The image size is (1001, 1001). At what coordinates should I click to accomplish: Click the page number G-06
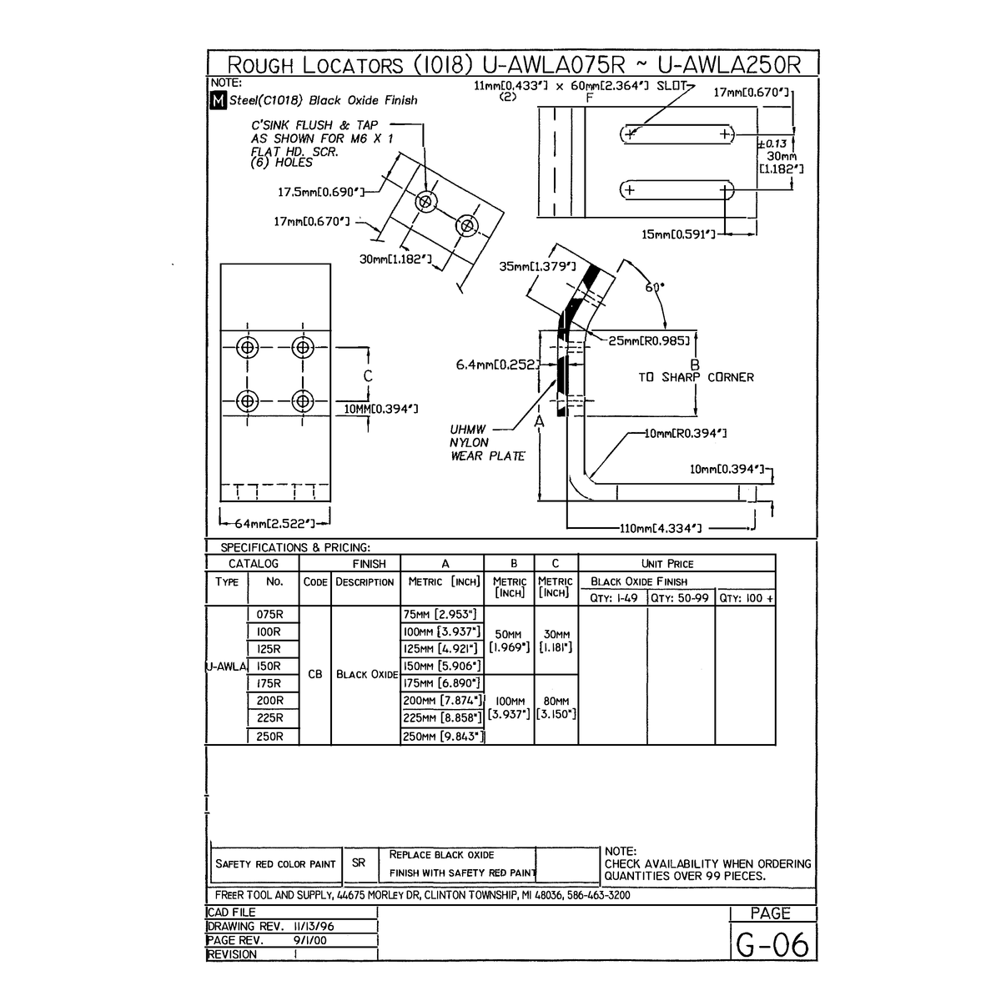(x=772, y=944)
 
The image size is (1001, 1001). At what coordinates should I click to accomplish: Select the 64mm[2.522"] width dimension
(x=274, y=523)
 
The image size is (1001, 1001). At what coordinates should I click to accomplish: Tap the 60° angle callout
(x=656, y=287)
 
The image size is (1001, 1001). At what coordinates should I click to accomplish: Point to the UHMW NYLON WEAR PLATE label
(x=487, y=443)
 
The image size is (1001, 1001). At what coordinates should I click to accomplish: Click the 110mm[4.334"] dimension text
(x=660, y=528)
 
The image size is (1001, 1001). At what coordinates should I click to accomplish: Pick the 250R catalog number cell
(x=269, y=737)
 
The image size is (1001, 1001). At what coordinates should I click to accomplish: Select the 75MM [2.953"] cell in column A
(x=442, y=615)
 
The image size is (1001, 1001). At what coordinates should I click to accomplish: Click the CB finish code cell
(x=314, y=674)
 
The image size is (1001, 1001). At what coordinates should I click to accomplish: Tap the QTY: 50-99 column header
(x=680, y=598)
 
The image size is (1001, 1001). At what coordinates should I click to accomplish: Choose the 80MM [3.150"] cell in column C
(x=556, y=708)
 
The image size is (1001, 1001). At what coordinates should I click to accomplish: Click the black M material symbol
(x=218, y=101)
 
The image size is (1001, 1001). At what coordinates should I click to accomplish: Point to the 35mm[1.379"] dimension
(x=537, y=267)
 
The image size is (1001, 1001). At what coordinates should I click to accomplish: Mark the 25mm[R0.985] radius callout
(x=648, y=340)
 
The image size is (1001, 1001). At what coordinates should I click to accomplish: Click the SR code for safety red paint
(x=358, y=863)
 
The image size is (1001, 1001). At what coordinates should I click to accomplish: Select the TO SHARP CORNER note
(x=696, y=377)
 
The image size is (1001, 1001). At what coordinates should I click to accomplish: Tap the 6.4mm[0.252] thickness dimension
(x=498, y=365)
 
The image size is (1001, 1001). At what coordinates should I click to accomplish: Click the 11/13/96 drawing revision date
(x=314, y=926)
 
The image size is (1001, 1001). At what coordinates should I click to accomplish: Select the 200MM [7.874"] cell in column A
(x=442, y=701)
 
